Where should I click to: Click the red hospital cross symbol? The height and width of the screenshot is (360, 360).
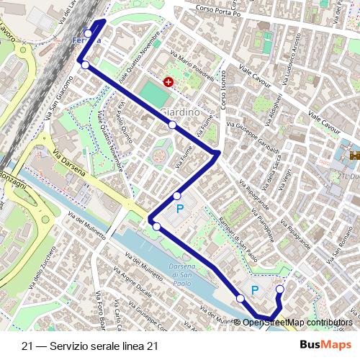coord(168,82)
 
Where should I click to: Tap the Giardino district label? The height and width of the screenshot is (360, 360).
coord(181,112)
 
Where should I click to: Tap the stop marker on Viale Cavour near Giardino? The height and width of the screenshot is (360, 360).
coord(173,125)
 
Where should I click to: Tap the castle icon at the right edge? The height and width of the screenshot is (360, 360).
coord(354,154)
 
